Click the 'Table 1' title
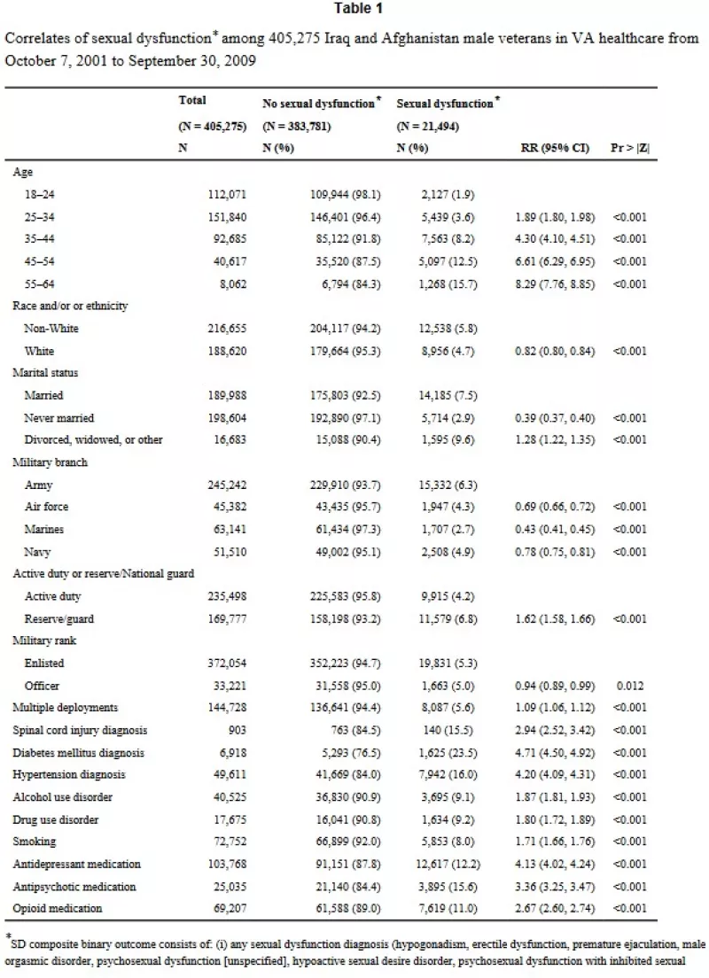[358, 8]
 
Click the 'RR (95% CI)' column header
[555, 148]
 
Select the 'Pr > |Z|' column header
[630, 148]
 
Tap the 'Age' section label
[22, 172]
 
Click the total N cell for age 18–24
[227, 195]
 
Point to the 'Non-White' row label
[51, 328]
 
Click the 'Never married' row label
[58, 418]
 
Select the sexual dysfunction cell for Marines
[447, 530]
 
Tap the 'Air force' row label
[46, 507]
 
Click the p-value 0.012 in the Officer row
[630, 686]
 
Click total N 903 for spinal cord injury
[238, 730]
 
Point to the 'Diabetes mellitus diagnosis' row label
[78, 753]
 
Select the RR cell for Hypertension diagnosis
[555, 774]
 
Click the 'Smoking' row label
[34, 842]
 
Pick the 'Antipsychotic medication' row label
[74, 886]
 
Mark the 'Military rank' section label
[44, 640]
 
